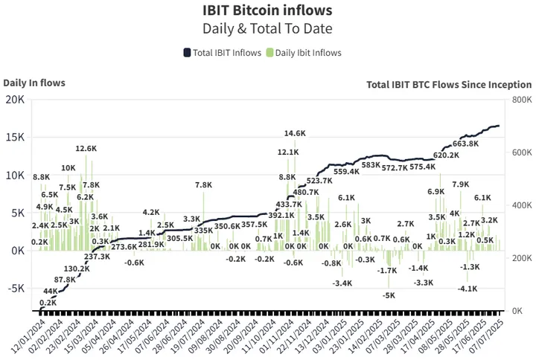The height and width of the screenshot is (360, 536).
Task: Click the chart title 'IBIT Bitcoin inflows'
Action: coord(267,10)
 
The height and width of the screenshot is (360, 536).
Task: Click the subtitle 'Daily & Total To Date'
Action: coord(267,28)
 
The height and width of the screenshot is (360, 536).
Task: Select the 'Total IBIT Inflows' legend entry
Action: coord(221,53)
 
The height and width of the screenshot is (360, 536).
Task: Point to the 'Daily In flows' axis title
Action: coord(34,83)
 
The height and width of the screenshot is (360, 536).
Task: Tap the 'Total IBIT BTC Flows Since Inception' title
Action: coord(449,85)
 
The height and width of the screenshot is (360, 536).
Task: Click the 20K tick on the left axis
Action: coord(15,100)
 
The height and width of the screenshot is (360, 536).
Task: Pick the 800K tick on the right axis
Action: coord(520,100)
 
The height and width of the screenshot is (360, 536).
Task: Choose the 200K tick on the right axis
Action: coord(520,258)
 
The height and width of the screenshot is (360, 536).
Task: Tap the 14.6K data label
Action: coord(295,134)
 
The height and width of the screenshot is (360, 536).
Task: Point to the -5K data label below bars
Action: coord(389,295)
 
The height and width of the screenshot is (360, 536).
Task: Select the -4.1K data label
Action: coord(468,289)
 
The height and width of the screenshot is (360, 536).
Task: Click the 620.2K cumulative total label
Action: coord(446,155)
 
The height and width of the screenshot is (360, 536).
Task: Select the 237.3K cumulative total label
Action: coord(98,257)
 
